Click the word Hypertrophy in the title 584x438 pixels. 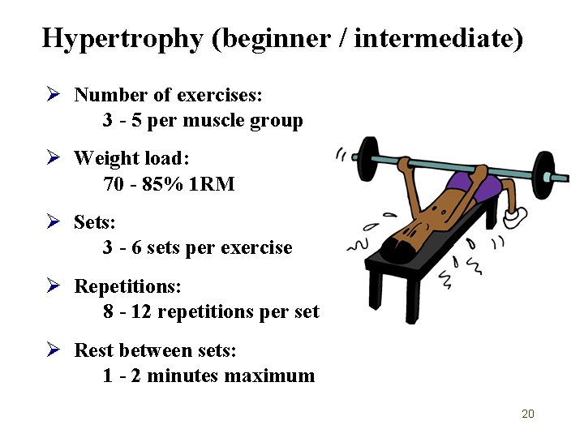[x=122, y=38]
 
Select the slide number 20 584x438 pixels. [x=528, y=414]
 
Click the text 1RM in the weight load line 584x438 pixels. [x=211, y=185]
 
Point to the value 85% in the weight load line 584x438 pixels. [x=162, y=185]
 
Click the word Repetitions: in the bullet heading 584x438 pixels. [x=128, y=286]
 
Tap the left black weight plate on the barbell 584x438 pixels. [x=367, y=159]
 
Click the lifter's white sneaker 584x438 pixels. [x=515, y=217]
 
